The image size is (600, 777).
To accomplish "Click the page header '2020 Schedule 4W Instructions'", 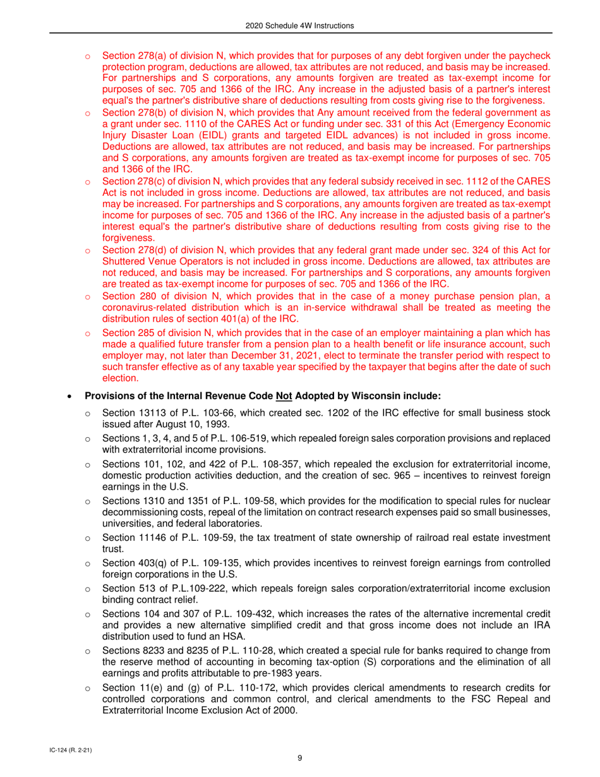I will click(300, 25).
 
